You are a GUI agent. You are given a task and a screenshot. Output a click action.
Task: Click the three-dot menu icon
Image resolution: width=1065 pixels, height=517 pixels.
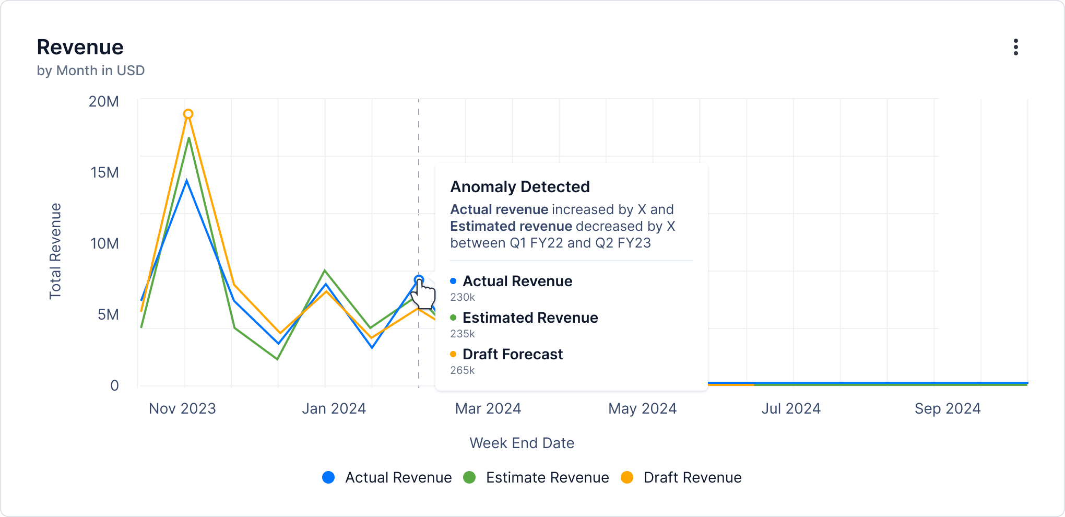(1015, 47)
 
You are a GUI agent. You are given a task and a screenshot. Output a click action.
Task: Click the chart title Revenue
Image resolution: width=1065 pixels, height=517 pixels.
(80, 47)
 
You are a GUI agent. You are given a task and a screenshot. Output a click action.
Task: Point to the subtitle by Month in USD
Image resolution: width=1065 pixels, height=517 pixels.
(90, 70)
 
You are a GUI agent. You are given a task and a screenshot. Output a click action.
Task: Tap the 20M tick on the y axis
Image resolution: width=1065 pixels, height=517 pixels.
(104, 101)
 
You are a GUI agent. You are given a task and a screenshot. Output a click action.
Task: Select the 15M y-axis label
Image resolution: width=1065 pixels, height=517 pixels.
(105, 172)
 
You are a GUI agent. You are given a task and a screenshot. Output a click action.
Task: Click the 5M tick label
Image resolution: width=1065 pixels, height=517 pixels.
(108, 314)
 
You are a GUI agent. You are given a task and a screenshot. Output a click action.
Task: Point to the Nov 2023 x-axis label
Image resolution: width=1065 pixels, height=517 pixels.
(182, 408)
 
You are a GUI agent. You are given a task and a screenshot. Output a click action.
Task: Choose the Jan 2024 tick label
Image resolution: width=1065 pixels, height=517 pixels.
(334, 408)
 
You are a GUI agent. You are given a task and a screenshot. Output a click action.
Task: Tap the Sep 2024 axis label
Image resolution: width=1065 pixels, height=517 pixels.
(947, 408)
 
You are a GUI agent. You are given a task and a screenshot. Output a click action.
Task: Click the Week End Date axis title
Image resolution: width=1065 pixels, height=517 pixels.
(522, 443)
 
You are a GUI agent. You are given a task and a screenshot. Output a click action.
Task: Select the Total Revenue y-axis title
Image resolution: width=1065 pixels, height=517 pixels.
(55, 251)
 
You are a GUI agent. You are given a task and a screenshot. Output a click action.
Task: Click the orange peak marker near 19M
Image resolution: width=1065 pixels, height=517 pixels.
(188, 114)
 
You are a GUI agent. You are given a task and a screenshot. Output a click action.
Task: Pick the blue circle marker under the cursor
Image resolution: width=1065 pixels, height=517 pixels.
(419, 280)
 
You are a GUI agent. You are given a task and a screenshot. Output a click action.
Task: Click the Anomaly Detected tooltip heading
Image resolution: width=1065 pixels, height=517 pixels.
(520, 186)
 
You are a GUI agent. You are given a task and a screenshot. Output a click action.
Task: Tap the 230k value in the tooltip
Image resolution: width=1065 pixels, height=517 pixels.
(463, 297)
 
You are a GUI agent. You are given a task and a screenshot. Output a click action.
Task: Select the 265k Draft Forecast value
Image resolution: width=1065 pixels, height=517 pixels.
(463, 370)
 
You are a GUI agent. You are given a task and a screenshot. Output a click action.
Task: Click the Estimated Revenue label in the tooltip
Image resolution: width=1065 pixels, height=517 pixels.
(530, 318)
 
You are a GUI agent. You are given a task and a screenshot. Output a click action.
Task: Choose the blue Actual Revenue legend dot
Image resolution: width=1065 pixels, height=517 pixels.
(328, 477)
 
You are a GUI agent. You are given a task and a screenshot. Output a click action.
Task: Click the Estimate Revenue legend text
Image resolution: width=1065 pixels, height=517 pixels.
(547, 477)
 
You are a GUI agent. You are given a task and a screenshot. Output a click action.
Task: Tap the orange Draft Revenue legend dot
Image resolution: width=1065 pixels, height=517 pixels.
(627, 477)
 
